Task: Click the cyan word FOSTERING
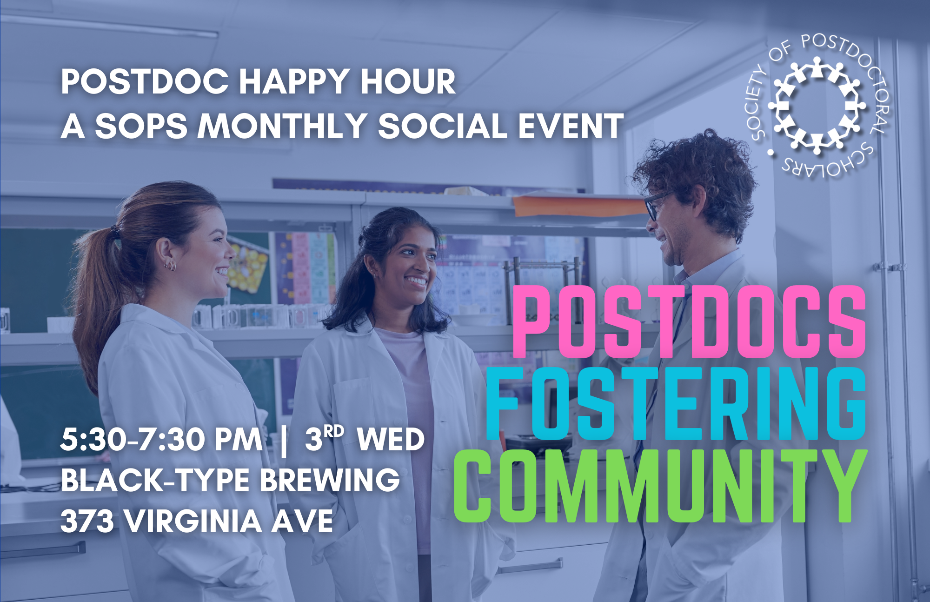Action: [x=676, y=403]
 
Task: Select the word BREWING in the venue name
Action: [x=330, y=480]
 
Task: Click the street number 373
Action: [x=87, y=521]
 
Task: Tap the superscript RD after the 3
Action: [x=334, y=431]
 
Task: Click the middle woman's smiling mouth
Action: [x=416, y=281]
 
